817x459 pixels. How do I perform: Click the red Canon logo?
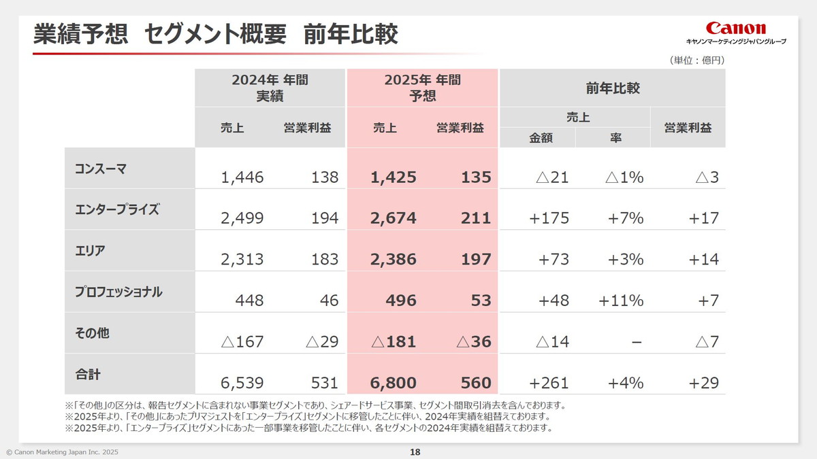pyautogui.click(x=735, y=28)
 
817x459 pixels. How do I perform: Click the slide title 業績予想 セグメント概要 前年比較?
pyautogui.click(x=216, y=35)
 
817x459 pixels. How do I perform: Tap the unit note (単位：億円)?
pyautogui.click(x=696, y=61)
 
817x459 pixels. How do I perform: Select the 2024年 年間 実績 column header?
pyautogui.click(x=270, y=88)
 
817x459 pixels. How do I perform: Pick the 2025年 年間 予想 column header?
pyautogui.click(x=422, y=88)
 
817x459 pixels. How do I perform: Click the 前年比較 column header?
pyautogui.click(x=612, y=88)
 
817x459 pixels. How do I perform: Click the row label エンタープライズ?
pyautogui.click(x=116, y=209)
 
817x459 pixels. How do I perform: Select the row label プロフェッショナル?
pyautogui.click(x=118, y=292)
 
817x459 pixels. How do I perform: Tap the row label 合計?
pyautogui.click(x=88, y=374)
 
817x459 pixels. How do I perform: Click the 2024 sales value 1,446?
pyautogui.click(x=242, y=178)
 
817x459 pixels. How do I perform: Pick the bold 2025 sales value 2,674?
pyautogui.click(x=394, y=219)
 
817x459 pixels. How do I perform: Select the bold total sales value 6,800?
pyautogui.click(x=394, y=384)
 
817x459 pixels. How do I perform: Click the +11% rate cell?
pyautogui.click(x=621, y=301)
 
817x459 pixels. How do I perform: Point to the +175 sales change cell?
pyautogui.click(x=549, y=219)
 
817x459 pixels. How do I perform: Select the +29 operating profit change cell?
pyautogui.click(x=703, y=384)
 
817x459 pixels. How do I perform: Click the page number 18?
pyautogui.click(x=415, y=452)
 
